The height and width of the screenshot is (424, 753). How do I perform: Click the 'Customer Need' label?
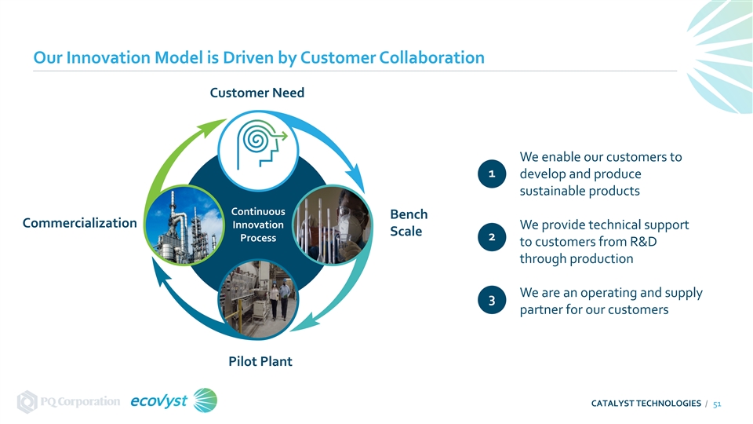(x=256, y=93)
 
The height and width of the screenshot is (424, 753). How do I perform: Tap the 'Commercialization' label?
(x=80, y=223)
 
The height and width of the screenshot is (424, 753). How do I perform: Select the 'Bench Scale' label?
(x=409, y=223)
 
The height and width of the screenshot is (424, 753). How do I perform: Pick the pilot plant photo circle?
(x=256, y=300)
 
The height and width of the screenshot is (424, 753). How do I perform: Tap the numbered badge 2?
(x=491, y=237)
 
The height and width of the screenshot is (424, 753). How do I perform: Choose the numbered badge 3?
(x=491, y=302)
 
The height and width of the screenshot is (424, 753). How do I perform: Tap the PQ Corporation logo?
(x=69, y=401)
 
